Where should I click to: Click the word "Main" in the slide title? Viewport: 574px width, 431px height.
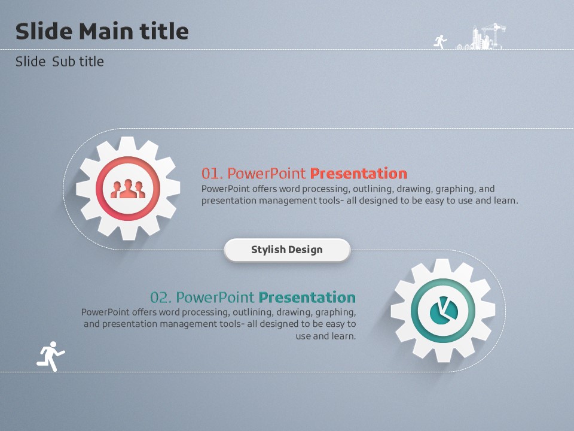[106, 31]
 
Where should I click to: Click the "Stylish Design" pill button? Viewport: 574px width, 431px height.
[287, 250]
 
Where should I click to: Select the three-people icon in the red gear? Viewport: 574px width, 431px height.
[128, 189]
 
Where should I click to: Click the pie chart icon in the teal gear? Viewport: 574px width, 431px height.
[444, 311]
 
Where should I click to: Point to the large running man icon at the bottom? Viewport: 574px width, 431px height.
[50, 356]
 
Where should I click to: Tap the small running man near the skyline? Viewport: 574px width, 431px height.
[441, 42]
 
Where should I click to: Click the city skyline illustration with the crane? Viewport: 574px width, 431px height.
[480, 37]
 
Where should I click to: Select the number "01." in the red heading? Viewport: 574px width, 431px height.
[212, 174]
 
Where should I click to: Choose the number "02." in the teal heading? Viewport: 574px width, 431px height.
[161, 298]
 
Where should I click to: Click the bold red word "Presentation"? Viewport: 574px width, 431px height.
[358, 174]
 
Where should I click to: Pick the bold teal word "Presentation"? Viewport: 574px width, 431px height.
[307, 298]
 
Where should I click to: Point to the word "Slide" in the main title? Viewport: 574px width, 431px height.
[44, 31]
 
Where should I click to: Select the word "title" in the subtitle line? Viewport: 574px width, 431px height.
[91, 62]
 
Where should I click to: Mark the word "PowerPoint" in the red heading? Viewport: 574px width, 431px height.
[267, 174]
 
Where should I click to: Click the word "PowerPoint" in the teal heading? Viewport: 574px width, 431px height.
[215, 298]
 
